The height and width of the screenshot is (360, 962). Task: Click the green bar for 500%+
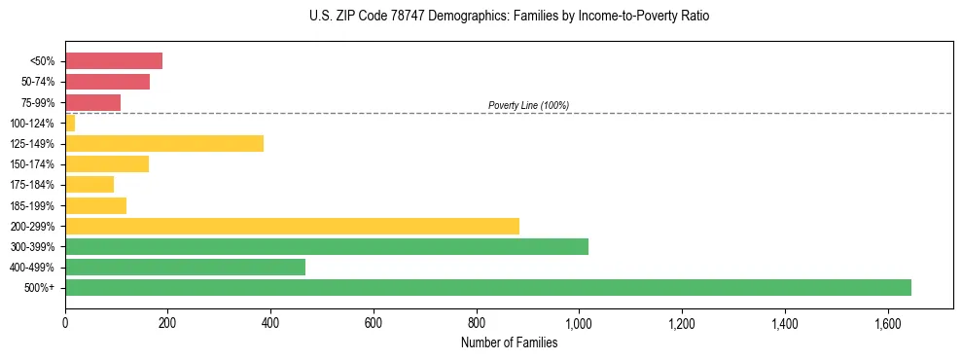[487, 287]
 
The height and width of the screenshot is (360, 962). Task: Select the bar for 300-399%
[326, 246]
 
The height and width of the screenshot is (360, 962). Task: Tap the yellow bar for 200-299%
[292, 226]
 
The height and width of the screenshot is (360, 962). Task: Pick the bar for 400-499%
[185, 267]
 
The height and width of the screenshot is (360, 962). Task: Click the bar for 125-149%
[164, 144]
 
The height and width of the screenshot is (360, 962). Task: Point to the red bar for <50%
[114, 61]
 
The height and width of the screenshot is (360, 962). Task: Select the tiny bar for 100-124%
[70, 123]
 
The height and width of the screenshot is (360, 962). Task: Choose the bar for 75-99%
[92, 102]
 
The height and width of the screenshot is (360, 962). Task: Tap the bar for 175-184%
[89, 185]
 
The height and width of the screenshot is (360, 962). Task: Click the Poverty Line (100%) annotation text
[528, 105]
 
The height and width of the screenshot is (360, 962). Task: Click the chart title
[510, 18]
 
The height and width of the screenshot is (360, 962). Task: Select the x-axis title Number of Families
[509, 342]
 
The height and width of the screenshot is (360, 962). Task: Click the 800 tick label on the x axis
[477, 322]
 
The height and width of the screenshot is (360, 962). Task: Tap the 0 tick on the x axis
[65, 322]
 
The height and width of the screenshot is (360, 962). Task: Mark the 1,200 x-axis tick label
[682, 322]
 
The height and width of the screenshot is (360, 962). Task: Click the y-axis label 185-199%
[32, 205]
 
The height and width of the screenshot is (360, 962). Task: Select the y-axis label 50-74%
[37, 82]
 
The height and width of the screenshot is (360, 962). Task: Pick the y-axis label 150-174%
[32, 164]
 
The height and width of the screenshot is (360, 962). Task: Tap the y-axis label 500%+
[40, 288]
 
